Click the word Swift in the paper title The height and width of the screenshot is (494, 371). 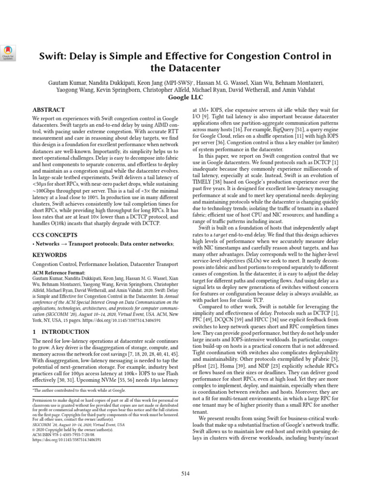(x=53, y=55)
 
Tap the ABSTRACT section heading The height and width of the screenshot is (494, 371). (x=48, y=110)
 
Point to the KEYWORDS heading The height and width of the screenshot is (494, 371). (x=50, y=254)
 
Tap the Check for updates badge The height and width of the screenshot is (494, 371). (x=9, y=53)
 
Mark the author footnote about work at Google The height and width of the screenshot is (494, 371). (x=80, y=390)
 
